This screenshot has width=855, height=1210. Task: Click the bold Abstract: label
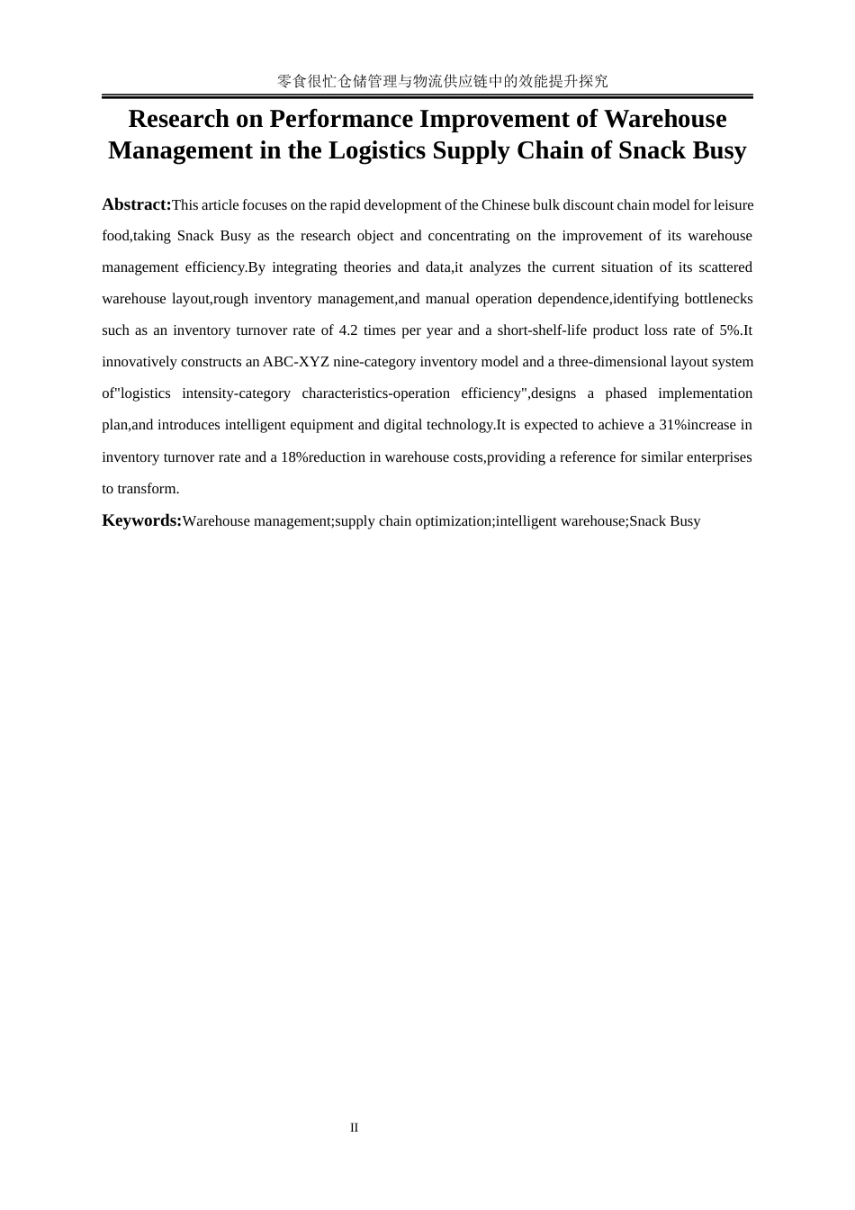click(137, 204)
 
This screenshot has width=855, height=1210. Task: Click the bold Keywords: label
click(142, 520)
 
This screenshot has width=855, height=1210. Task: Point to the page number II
click(355, 1127)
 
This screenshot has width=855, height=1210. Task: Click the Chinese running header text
click(443, 81)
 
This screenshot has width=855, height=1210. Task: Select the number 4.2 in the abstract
click(348, 330)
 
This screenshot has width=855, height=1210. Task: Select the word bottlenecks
click(718, 299)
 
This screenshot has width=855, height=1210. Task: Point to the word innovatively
click(139, 362)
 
